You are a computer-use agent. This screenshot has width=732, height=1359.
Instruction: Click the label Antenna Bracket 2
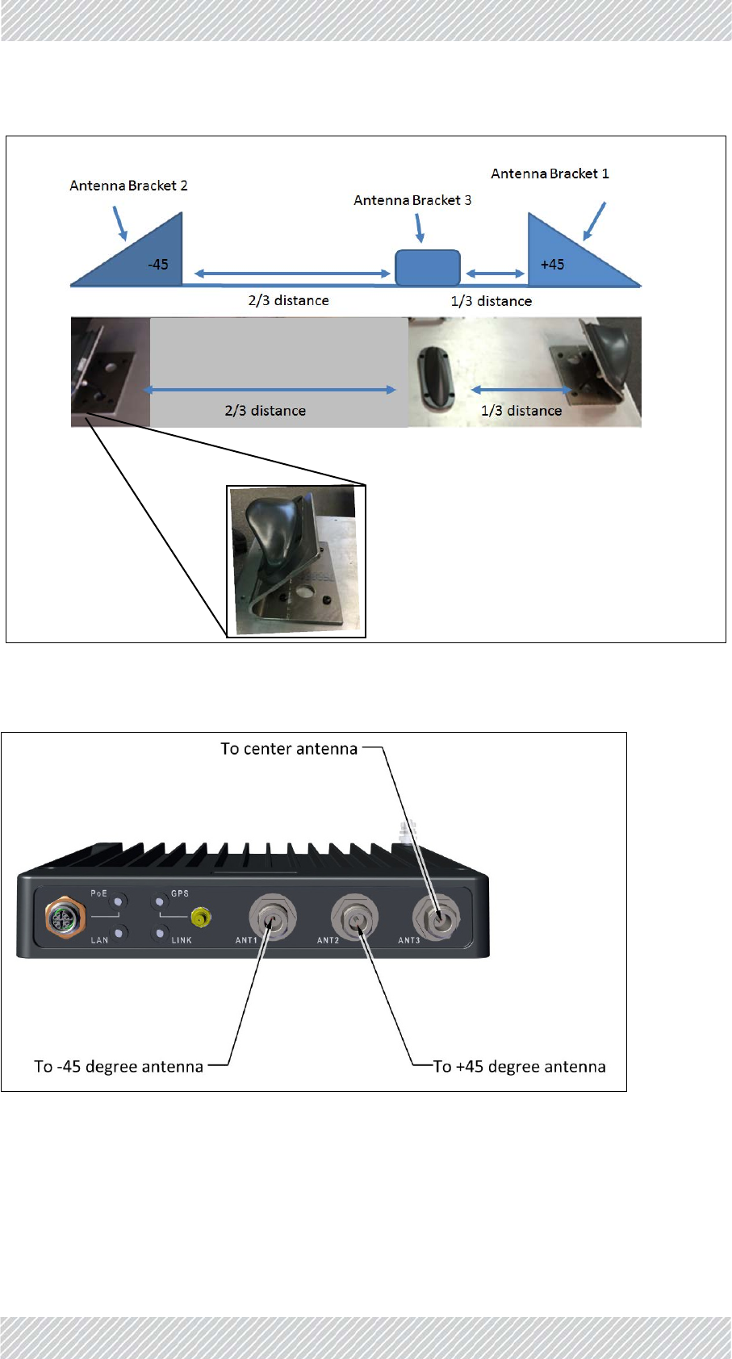tap(128, 186)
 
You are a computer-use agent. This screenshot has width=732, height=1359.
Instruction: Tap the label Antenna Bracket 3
tap(412, 200)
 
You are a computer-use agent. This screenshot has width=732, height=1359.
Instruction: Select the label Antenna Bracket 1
tap(550, 174)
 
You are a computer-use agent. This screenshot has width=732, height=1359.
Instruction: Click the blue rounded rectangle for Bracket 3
tap(428, 268)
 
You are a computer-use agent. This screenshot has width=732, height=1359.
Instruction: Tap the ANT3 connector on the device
tap(436, 918)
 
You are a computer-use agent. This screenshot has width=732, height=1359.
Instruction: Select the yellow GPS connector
tap(201, 917)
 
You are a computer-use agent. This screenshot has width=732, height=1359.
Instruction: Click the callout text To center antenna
tap(289, 749)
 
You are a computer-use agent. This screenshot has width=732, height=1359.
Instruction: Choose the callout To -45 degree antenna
tap(119, 1067)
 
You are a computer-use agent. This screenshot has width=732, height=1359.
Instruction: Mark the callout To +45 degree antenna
tap(519, 1067)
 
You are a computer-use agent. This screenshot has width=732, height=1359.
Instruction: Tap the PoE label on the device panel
tap(98, 893)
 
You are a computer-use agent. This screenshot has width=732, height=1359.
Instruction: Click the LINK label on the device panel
tap(182, 940)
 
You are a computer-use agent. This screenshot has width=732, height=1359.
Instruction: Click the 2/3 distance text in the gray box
tap(265, 411)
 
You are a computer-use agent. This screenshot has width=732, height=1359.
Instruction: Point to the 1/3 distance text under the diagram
tap(491, 301)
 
